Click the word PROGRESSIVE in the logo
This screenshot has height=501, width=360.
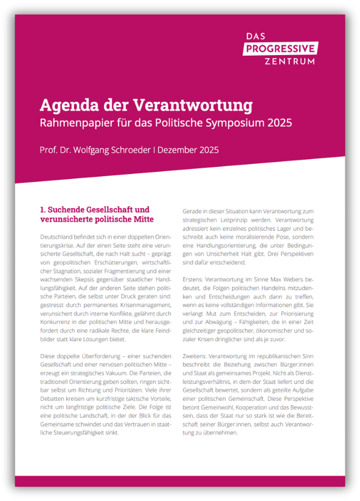pyautogui.click(x=281, y=48)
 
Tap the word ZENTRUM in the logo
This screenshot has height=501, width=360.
pyautogui.click(x=289, y=61)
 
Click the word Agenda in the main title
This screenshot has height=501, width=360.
pyautogui.click(x=66, y=105)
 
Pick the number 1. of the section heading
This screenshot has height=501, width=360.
pyautogui.click(x=43, y=209)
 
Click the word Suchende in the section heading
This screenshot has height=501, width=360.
pyautogui.click(x=71, y=209)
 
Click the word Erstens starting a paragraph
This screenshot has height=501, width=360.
pyautogui.click(x=195, y=280)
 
